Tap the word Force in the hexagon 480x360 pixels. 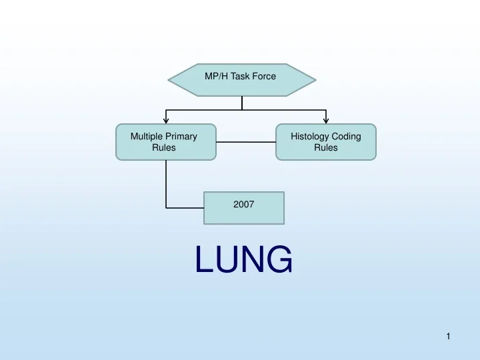(x=264, y=77)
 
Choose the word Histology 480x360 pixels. (x=311, y=137)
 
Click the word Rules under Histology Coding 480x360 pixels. (x=326, y=148)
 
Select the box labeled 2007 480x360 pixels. (x=243, y=207)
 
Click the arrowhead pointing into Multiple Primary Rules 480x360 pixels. (x=165, y=121)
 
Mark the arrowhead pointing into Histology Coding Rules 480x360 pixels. (x=325, y=121)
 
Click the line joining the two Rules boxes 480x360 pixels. (x=245, y=142)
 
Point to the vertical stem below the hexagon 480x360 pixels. (x=241, y=102)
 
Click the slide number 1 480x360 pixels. (x=449, y=337)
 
